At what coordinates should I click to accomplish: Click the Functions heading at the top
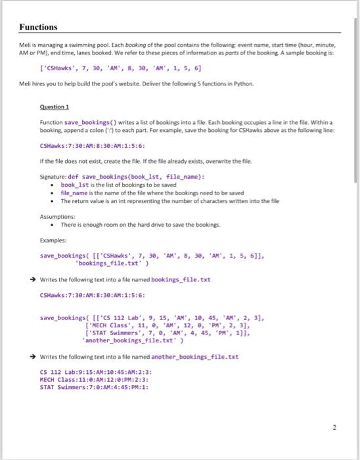pos(38,28)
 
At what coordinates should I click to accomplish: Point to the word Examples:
pos(53,241)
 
